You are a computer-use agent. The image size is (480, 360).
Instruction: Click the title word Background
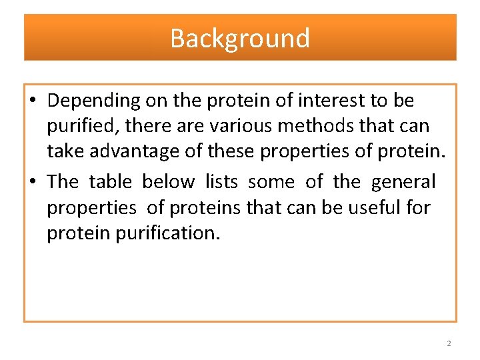(240, 38)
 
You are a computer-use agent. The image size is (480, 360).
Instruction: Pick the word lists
(221, 181)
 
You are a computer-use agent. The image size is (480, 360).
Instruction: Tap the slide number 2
(449, 343)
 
